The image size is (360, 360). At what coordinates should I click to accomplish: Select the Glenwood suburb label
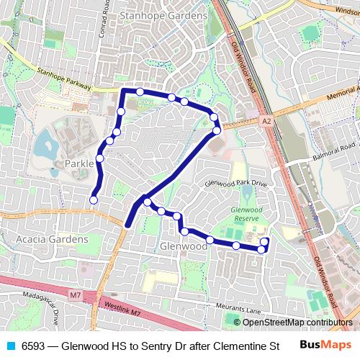[x=180, y=246]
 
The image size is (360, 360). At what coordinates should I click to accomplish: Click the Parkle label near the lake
[x=79, y=163]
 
